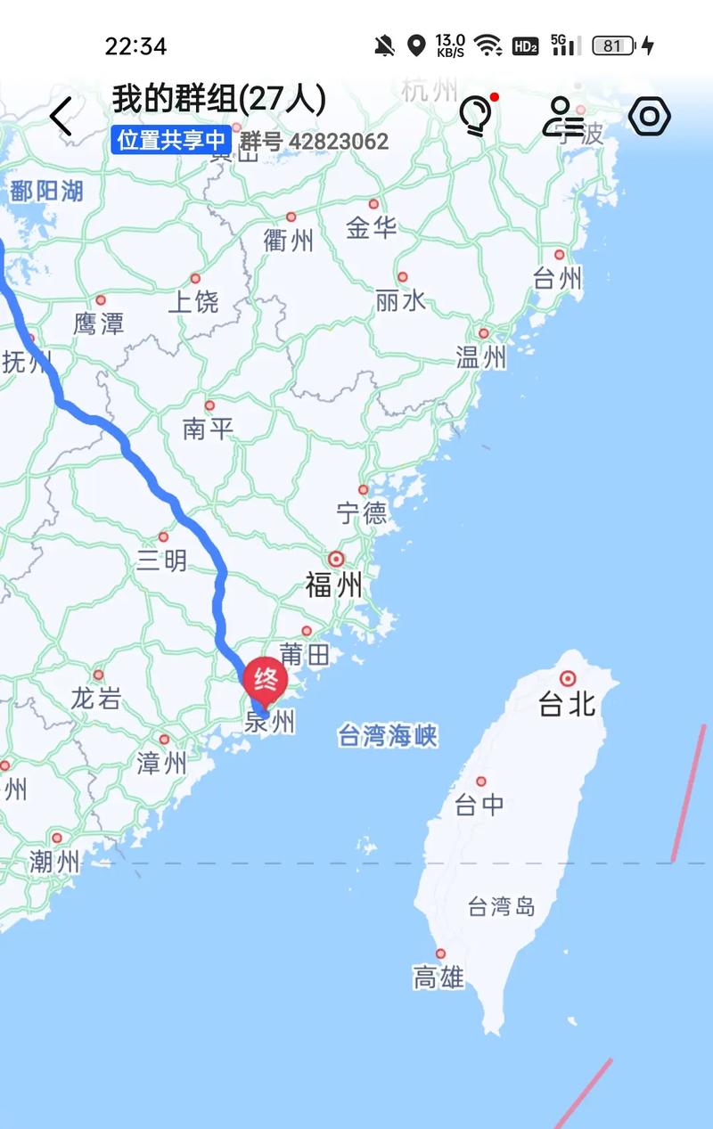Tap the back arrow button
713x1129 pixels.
click(x=61, y=117)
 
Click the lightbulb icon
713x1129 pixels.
click(x=475, y=116)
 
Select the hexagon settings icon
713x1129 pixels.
click(x=650, y=116)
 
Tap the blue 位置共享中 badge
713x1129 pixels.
click(x=171, y=141)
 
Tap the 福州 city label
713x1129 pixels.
click(x=334, y=585)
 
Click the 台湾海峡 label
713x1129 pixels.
click(x=388, y=736)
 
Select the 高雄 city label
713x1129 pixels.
click(x=438, y=978)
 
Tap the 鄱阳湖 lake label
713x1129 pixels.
click(x=46, y=190)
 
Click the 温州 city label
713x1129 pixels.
click(x=481, y=357)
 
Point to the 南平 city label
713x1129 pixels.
click(x=208, y=430)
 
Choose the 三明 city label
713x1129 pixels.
click(x=162, y=560)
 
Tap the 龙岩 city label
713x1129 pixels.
click(x=96, y=698)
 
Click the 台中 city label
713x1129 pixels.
click(x=479, y=805)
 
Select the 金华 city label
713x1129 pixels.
click(x=372, y=228)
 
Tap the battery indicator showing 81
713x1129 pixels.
click(x=614, y=45)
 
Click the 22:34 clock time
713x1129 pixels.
click(x=135, y=45)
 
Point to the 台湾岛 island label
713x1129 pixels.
click(x=502, y=907)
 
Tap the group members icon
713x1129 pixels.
click(x=562, y=116)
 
